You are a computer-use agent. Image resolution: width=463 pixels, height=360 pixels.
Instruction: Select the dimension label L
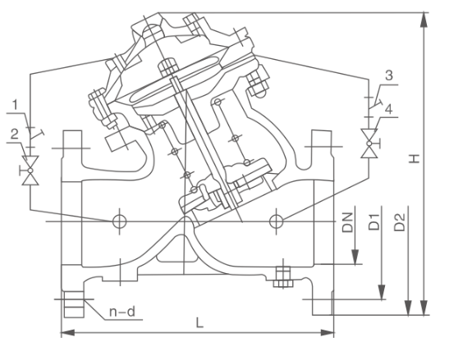[x=199, y=323]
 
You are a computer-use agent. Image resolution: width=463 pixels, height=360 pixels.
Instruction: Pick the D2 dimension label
[x=399, y=220]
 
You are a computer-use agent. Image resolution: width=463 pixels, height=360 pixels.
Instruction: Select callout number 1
[x=16, y=104]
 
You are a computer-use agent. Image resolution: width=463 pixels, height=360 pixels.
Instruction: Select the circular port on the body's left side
[x=120, y=221]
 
